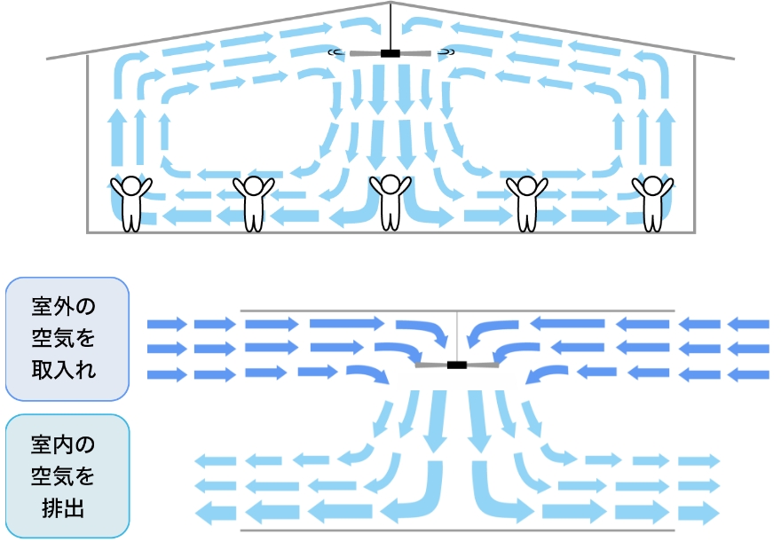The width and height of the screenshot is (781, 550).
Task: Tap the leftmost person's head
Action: point(131,185)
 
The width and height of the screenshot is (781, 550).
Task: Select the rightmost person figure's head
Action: point(652,185)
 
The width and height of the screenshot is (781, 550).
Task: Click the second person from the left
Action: point(254,203)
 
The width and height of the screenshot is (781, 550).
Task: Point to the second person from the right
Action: point(527,203)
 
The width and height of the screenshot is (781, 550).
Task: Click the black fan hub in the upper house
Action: point(390,53)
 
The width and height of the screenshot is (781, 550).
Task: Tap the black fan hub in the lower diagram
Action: point(457,365)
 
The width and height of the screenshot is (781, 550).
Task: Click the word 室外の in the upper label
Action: point(63,306)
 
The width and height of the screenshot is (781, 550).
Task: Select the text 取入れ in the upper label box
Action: point(63,370)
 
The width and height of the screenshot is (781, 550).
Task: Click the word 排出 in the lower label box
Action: point(63,508)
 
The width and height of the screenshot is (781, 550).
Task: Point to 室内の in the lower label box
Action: point(63,444)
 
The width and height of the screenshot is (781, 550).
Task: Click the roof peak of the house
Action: point(390,3)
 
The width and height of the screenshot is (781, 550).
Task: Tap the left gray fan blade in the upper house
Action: point(365,53)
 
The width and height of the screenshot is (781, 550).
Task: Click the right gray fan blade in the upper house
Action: point(415,52)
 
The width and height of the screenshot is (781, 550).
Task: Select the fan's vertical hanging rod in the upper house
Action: point(390,27)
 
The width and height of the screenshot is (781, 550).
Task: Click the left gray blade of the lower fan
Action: point(430,365)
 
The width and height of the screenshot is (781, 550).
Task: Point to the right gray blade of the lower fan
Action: point(483,365)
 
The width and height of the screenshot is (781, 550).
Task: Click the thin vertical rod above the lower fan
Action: point(457,336)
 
